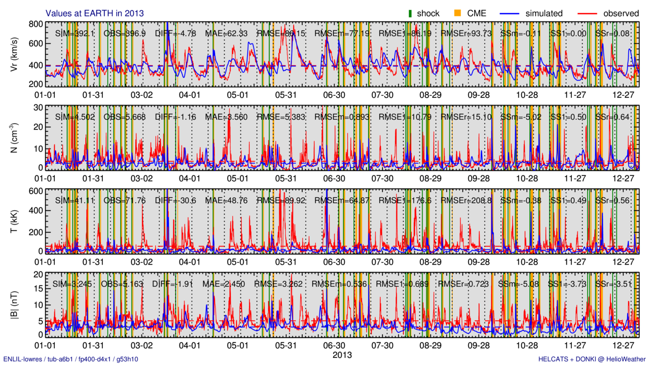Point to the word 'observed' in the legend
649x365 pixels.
[621, 14]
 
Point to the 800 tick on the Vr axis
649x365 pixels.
[35, 24]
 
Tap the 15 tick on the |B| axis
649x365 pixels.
[37, 289]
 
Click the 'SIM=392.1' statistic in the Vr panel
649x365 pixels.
[75, 33]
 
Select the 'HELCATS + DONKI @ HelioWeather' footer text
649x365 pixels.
[592, 359]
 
